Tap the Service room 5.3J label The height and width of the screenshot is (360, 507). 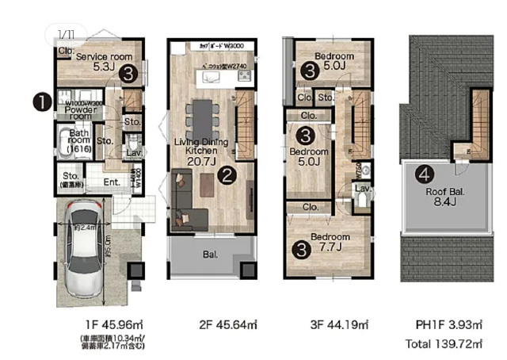pyautogui.click(x=103, y=62)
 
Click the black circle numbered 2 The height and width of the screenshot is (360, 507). pyautogui.click(x=227, y=175)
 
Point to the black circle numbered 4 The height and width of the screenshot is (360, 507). pyautogui.click(x=426, y=174)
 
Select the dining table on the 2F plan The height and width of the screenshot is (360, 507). pyautogui.click(x=204, y=117)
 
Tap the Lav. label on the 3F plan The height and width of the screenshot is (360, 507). pyautogui.click(x=362, y=189)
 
